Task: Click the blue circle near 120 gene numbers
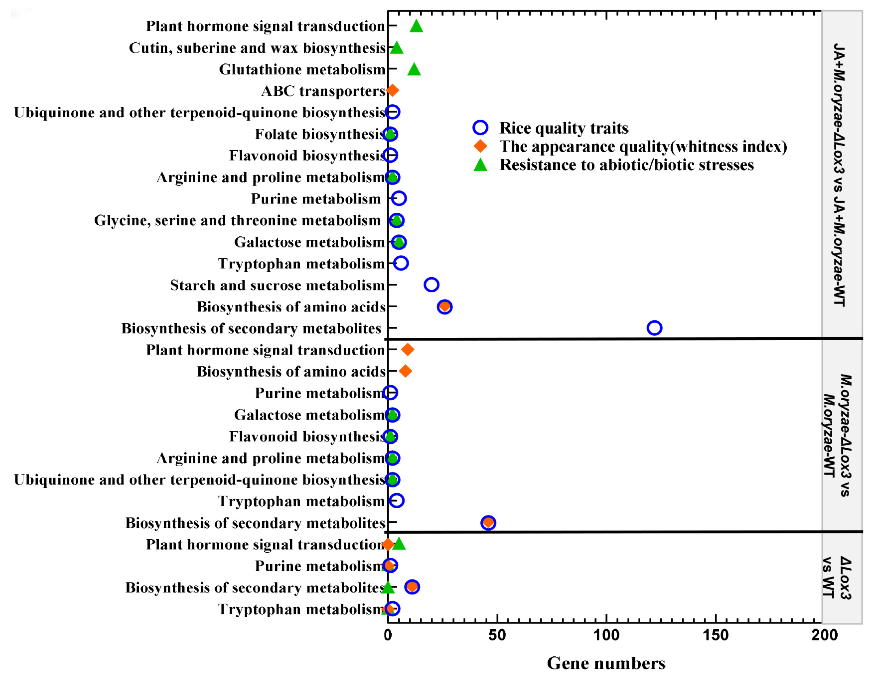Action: click(654, 328)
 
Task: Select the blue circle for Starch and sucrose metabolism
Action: click(431, 285)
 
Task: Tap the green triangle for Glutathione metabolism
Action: click(414, 69)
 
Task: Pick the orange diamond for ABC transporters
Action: click(393, 90)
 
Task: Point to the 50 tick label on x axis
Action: click(497, 635)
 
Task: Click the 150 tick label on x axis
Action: click(715, 635)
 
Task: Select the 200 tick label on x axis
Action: click(824, 635)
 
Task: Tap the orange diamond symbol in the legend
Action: click(480, 146)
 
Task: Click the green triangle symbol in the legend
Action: click(480, 165)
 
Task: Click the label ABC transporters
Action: click(323, 91)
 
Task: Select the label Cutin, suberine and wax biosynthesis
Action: click(257, 48)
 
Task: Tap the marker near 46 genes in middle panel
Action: click(488, 522)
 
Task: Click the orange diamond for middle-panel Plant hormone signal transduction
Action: click(407, 350)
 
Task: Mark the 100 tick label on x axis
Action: click(606, 635)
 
